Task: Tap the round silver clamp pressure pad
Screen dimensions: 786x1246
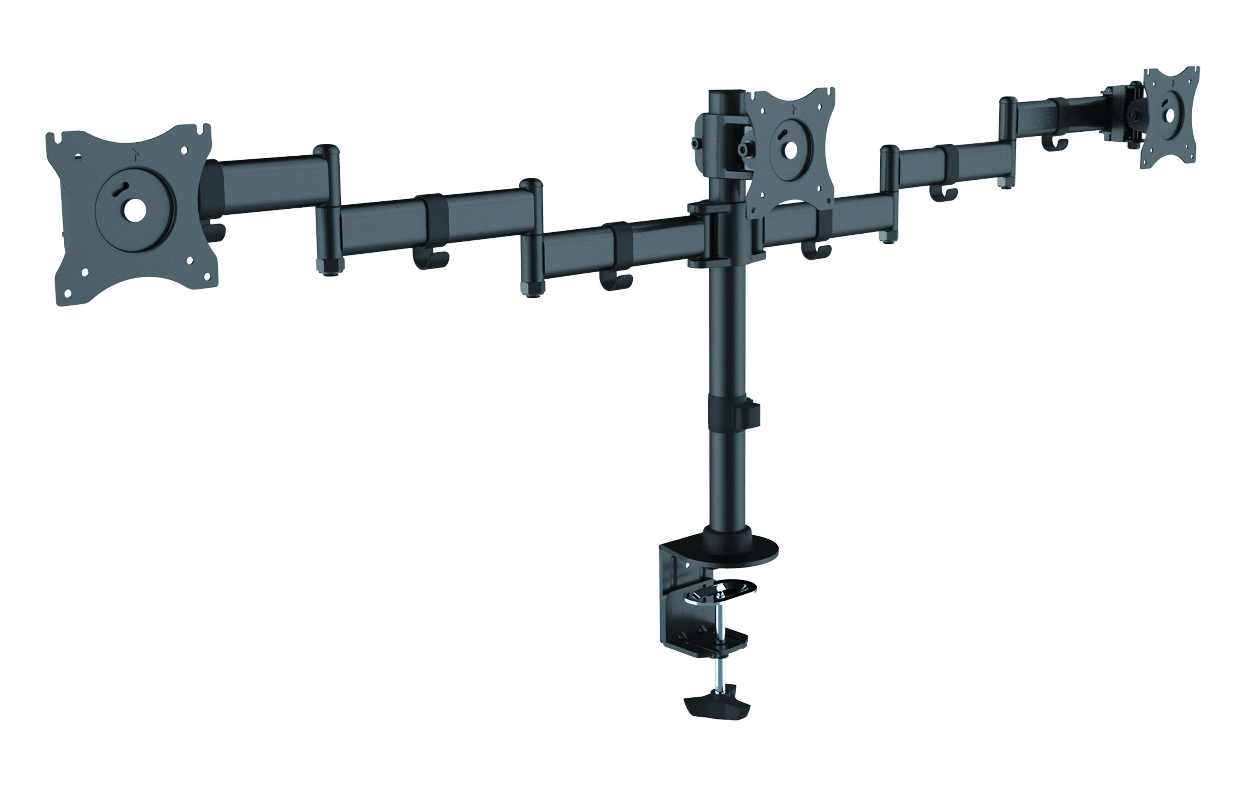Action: pyautogui.click(x=724, y=590)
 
